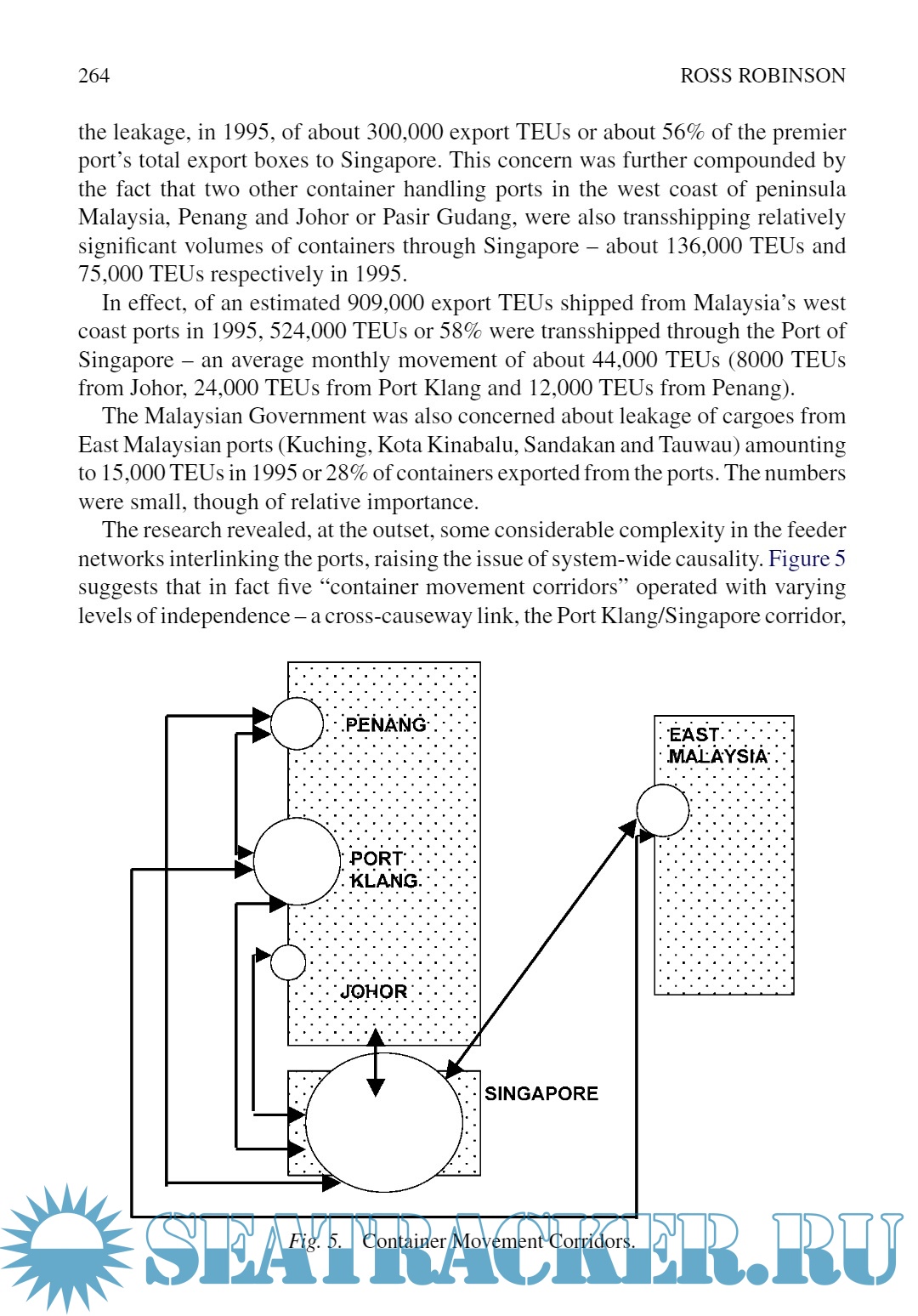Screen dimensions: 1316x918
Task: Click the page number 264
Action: pos(93,76)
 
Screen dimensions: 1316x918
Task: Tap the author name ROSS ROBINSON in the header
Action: pos(762,76)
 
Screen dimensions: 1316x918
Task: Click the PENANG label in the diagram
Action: pos(385,724)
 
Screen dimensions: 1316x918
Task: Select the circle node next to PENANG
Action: pos(297,723)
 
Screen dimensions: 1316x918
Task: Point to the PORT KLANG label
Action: pos(383,870)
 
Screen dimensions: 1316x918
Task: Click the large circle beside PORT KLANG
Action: pos(297,861)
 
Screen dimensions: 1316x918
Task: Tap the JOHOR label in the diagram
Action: pos(373,991)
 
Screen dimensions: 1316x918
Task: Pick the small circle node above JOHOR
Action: pos(288,962)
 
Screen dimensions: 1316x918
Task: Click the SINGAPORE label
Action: pos(541,1093)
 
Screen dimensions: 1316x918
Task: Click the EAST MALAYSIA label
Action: pos(718,746)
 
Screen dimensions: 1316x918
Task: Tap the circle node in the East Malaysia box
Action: pos(663,810)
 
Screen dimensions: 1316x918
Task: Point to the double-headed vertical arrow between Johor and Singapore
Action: pos(376,1063)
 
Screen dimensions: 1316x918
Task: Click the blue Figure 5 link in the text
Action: pos(807,559)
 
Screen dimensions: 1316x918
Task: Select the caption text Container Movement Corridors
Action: pos(498,1241)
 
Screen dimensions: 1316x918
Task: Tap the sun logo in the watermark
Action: pos(65,1247)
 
